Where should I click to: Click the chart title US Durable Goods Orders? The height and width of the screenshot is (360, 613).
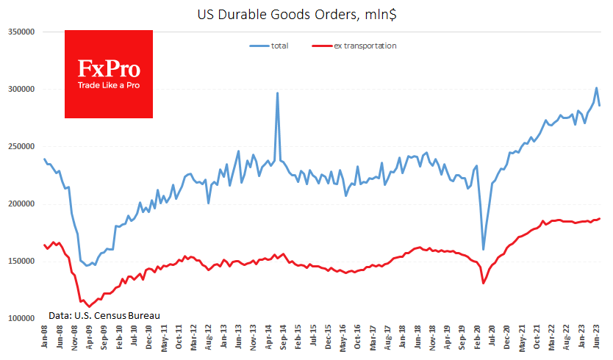point(306,12)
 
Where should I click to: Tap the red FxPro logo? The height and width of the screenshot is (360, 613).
point(109,74)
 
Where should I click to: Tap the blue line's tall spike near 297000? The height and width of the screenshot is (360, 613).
point(277,93)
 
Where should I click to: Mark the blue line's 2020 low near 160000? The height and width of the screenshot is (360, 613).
point(484,250)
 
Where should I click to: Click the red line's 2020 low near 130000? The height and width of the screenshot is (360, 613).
point(483,284)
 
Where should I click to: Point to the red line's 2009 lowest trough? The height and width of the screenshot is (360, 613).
point(89,306)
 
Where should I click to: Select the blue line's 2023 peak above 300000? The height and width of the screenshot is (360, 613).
point(596,88)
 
